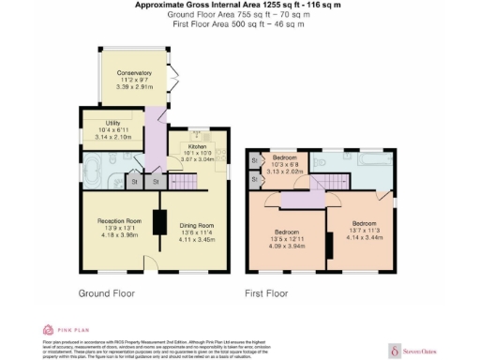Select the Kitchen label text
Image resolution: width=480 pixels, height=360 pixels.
[197, 147]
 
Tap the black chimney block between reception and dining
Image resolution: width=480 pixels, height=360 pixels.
[159, 222]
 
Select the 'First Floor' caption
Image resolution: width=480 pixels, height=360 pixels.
[267, 292]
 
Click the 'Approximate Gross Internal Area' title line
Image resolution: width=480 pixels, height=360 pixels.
[239, 6]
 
